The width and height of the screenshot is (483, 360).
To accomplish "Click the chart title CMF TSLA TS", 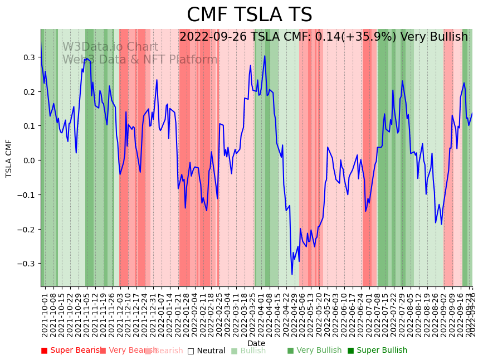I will (249, 15).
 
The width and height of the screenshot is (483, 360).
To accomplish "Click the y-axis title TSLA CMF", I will (9, 158).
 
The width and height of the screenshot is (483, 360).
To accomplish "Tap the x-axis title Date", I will (256, 343).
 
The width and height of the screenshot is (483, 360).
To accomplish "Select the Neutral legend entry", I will (206, 351).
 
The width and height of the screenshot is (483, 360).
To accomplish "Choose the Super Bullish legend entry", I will (377, 351).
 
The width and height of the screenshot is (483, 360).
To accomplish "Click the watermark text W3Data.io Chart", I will (110, 47).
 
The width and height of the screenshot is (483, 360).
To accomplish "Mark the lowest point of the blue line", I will (292, 274).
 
